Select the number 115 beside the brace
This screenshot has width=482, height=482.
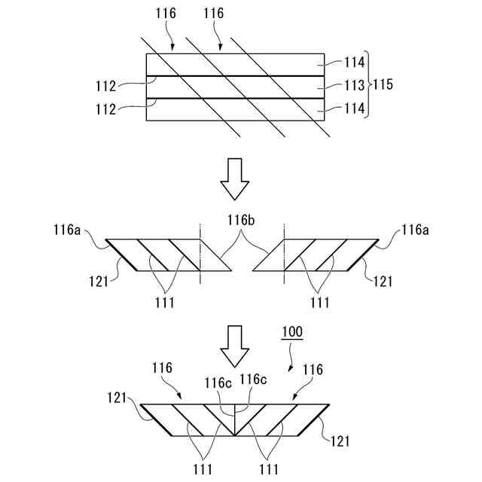(x=383, y=86)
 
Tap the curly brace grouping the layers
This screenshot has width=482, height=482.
(x=368, y=87)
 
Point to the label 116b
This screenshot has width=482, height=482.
(x=242, y=219)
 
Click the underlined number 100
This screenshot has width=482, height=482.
(x=293, y=332)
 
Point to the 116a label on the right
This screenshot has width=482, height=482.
(x=415, y=227)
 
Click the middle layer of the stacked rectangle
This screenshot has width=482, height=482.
(x=233, y=87)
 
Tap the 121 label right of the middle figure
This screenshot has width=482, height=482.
(x=383, y=281)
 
